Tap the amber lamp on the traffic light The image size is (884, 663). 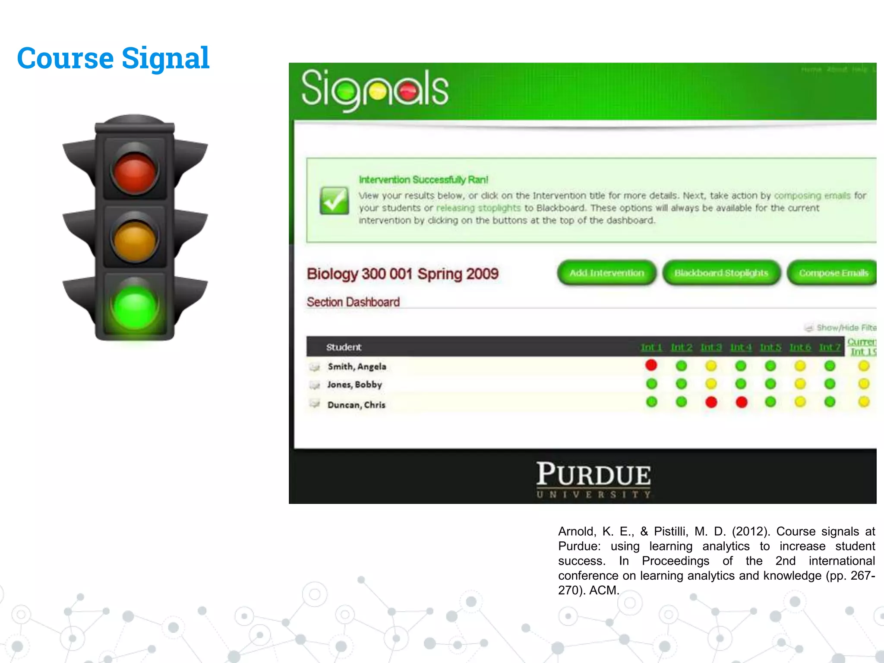pos(135,239)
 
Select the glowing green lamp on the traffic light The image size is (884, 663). pos(135,306)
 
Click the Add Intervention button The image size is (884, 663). pos(606,273)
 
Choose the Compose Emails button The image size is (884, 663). pos(833,273)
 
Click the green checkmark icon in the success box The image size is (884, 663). pos(334,201)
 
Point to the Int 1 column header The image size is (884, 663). pos(651,347)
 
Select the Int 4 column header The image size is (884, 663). pos(741,347)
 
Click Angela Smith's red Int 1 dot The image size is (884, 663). pos(651,365)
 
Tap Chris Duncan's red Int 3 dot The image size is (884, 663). pos(711,402)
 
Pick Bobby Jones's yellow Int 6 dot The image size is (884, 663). pos(800,384)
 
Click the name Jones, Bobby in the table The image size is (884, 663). pos(354,385)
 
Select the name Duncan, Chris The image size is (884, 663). pos(356,405)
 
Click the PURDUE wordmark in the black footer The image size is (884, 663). pos(594,475)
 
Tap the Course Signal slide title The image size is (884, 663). pos(113,58)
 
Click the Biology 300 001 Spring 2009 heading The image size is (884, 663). pos(402,274)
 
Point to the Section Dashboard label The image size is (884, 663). pos(353,302)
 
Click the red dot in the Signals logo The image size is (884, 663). pos(408,91)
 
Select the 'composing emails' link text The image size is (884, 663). pos(812,196)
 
